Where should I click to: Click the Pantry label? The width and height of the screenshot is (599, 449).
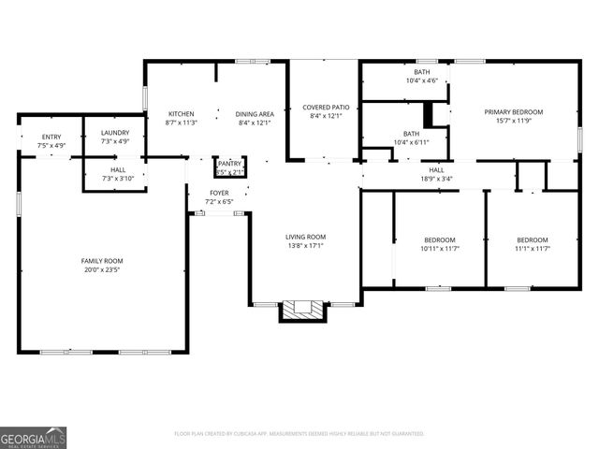tap(229, 163)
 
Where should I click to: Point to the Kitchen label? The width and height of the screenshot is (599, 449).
tap(180, 114)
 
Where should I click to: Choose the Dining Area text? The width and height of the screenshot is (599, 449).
tap(254, 114)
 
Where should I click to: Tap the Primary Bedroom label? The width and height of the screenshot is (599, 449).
tap(513, 112)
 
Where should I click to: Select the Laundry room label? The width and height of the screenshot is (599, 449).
tap(115, 133)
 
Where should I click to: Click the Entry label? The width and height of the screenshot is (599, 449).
tap(51, 137)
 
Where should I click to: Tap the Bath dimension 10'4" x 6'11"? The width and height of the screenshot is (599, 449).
tap(411, 142)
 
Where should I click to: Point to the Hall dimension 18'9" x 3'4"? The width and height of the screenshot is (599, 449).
tap(436, 179)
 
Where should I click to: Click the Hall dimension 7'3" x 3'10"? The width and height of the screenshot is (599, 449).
tap(118, 178)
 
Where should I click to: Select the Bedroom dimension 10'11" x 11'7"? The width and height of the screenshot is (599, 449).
tap(440, 249)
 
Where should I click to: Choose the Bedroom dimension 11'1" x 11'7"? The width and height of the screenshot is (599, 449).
tap(532, 249)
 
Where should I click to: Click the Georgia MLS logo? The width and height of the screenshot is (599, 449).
tap(33, 436)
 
